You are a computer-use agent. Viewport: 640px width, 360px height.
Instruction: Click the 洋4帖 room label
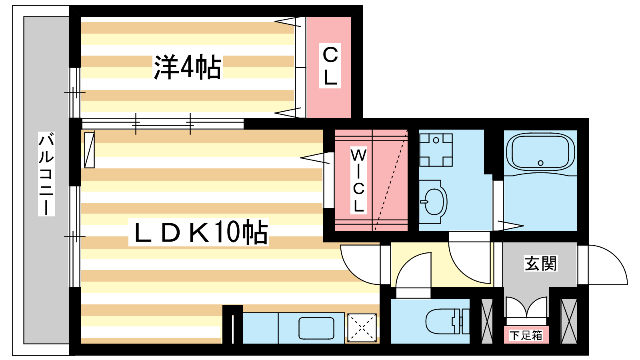(x=188, y=67)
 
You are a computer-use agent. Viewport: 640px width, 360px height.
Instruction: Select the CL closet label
(x=330, y=66)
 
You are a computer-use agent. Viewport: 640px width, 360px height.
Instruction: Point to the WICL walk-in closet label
(x=358, y=180)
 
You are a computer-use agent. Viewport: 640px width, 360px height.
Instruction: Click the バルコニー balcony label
(x=46, y=174)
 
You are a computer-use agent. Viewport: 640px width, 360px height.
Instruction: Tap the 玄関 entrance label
(x=540, y=263)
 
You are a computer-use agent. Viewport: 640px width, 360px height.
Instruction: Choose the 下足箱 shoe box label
(x=526, y=335)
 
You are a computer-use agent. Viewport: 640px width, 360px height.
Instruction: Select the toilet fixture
(x=448, y=321)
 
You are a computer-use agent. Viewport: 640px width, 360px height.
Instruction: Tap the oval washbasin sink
(x=434, y=202)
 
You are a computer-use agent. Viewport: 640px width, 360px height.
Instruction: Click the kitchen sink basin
(x=316, y=328)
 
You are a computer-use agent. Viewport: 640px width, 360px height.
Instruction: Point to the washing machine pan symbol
(x=436, y=150)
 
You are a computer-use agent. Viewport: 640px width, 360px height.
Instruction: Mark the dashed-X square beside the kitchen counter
(x=362, y=328)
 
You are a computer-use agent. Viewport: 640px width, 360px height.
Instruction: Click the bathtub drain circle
(x=540, y=163)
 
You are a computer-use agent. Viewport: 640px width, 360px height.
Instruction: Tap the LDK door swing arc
(x=360, y=265)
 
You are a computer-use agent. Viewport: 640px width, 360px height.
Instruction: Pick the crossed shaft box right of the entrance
(x=569, y=321)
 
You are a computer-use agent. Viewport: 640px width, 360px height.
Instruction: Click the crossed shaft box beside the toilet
(x=487, y=321)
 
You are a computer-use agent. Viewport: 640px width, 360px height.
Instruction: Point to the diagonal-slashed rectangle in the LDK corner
(x=90, y=150)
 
